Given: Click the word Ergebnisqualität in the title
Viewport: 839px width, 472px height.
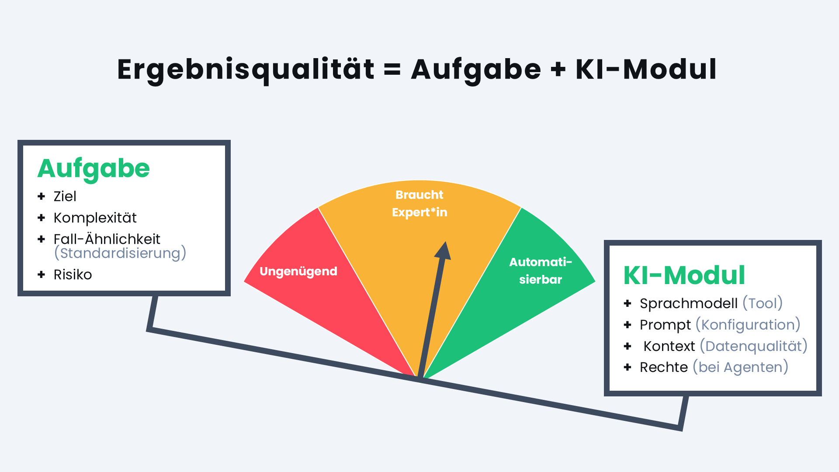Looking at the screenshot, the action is [246, 70].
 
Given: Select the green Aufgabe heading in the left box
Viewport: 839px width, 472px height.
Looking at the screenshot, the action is [94, 170].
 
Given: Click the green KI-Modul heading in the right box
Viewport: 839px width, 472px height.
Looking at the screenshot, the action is [684, 275].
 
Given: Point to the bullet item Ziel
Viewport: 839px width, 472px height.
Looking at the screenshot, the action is [65, 196].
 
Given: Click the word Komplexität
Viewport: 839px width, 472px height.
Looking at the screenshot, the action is [95, 218].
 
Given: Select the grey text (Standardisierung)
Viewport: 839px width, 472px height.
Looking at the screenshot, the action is [120, 253].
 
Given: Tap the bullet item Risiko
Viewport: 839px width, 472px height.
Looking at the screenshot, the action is [73, 274].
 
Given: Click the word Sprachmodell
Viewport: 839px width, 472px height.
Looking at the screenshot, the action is [689, 303].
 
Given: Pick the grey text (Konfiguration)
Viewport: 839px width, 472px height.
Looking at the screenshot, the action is [748, 325].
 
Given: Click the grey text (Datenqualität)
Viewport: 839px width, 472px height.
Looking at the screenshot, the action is [753, 346].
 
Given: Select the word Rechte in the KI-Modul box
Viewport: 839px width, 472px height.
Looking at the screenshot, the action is [664, 367].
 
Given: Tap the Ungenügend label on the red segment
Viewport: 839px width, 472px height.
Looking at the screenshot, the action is [298, 271].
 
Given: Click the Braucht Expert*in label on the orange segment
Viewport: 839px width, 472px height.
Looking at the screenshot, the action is [419, 204].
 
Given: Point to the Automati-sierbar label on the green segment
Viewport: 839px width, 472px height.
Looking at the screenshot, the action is [541, 271].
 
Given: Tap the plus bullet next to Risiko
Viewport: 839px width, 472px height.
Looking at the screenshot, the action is [42, 274].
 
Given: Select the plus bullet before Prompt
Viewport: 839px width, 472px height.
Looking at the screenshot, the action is [628, 325].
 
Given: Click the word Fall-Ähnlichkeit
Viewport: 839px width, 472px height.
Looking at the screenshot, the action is [107, 239].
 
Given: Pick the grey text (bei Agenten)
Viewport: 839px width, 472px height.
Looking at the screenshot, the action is [741, 367].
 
